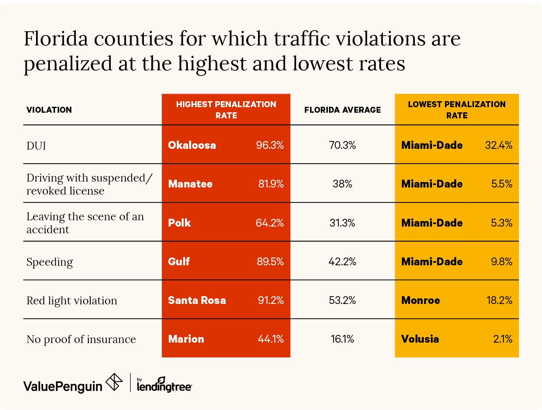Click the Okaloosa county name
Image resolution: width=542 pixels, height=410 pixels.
pos(192,145)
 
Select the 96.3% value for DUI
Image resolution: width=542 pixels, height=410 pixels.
pos(270,145)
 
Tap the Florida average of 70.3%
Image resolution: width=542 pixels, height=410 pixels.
pos(342,145)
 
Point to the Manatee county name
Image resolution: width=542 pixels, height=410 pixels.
pos(190,184)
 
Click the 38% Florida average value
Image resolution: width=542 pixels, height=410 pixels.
pos(342,184)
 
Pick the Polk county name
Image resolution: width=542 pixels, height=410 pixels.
pos(180,223)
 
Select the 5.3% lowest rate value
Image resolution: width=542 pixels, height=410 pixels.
pos(501,223)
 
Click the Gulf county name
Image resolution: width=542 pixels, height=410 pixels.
pos(179,262)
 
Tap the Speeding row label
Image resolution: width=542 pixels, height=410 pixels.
pos(50,262)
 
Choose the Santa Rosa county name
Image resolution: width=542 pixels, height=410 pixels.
pos(197,300)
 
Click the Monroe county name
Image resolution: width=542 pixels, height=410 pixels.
pos(420,300)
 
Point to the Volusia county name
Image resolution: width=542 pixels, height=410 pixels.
pos(420,339)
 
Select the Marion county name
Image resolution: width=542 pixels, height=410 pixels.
pos(186,339)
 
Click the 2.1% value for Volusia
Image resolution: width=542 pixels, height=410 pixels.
pos(503,339)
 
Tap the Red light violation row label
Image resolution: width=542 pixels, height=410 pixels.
pos(72,301)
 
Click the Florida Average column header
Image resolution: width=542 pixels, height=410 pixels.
pos(342,110)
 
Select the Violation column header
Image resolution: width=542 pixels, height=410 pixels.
pos(49,110)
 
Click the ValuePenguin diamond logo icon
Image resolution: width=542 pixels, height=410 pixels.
pos(114,382)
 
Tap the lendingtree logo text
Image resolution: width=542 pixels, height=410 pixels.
pos(164,386)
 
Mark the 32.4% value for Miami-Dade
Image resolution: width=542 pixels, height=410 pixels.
pos(499,145)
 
